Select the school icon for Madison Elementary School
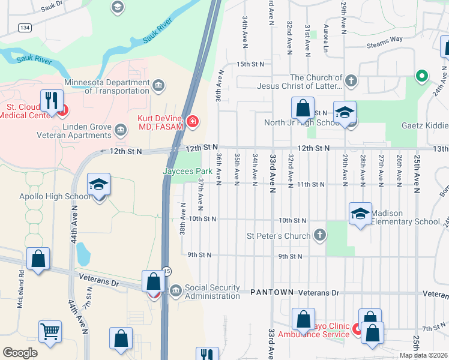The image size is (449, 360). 360,214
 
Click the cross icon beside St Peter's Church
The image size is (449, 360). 321,235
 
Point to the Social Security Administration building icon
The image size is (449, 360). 176,292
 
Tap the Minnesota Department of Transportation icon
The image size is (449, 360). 159,85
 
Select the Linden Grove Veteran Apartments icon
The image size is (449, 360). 120,128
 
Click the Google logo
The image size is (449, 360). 20,353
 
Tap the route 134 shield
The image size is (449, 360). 25,28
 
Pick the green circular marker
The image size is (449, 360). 422,76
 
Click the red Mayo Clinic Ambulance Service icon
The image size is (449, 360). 357,329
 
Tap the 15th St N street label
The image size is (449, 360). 250,64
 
